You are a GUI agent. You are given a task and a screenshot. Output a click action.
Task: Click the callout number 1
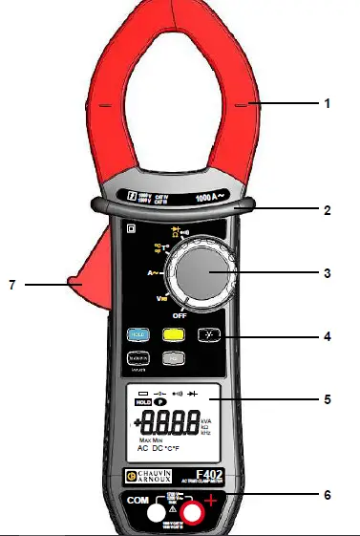(x=328, y=104)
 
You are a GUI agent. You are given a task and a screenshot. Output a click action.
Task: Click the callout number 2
(x=328, y=209)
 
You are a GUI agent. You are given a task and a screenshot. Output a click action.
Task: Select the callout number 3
(x=328, y=273)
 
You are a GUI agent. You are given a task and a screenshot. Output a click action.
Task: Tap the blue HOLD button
(x=138, y=335)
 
